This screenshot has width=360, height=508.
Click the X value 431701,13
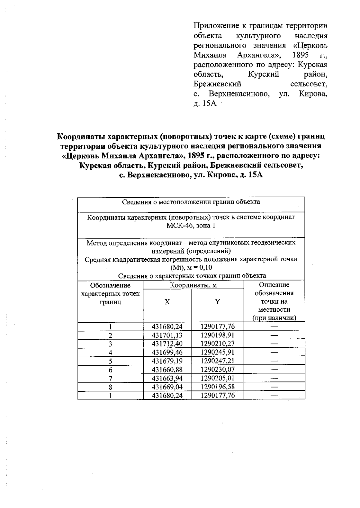(x=167, y=335)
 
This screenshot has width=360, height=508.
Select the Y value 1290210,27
(x=217, y=344)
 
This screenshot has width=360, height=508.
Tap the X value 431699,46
(x=167, y=352)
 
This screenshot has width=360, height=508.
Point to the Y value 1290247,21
(x=217, y=361)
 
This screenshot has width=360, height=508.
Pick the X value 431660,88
(x=167, y=370)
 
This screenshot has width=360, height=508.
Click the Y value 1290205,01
(x=217, y=378)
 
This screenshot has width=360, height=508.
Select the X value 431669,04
(x=167, y=387)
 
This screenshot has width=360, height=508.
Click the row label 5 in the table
(x=110, y=361)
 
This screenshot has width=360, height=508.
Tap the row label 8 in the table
(x=110, y=387)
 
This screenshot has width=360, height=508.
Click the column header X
(x=167, y=302)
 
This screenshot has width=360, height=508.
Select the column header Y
(x=217, y=302)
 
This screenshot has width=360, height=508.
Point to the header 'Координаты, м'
(x=193, y=285)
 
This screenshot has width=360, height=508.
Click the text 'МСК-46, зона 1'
(x=191, y=225)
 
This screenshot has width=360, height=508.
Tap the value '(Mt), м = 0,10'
(x=191, y=268)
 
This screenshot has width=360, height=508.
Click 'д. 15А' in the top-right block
(x=205, y=104)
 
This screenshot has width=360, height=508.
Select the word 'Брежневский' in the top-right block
(x=217, y=84)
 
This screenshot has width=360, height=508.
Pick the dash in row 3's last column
(x=274, y=344)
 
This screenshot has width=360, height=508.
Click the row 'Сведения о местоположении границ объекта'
(x=191, y=202)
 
